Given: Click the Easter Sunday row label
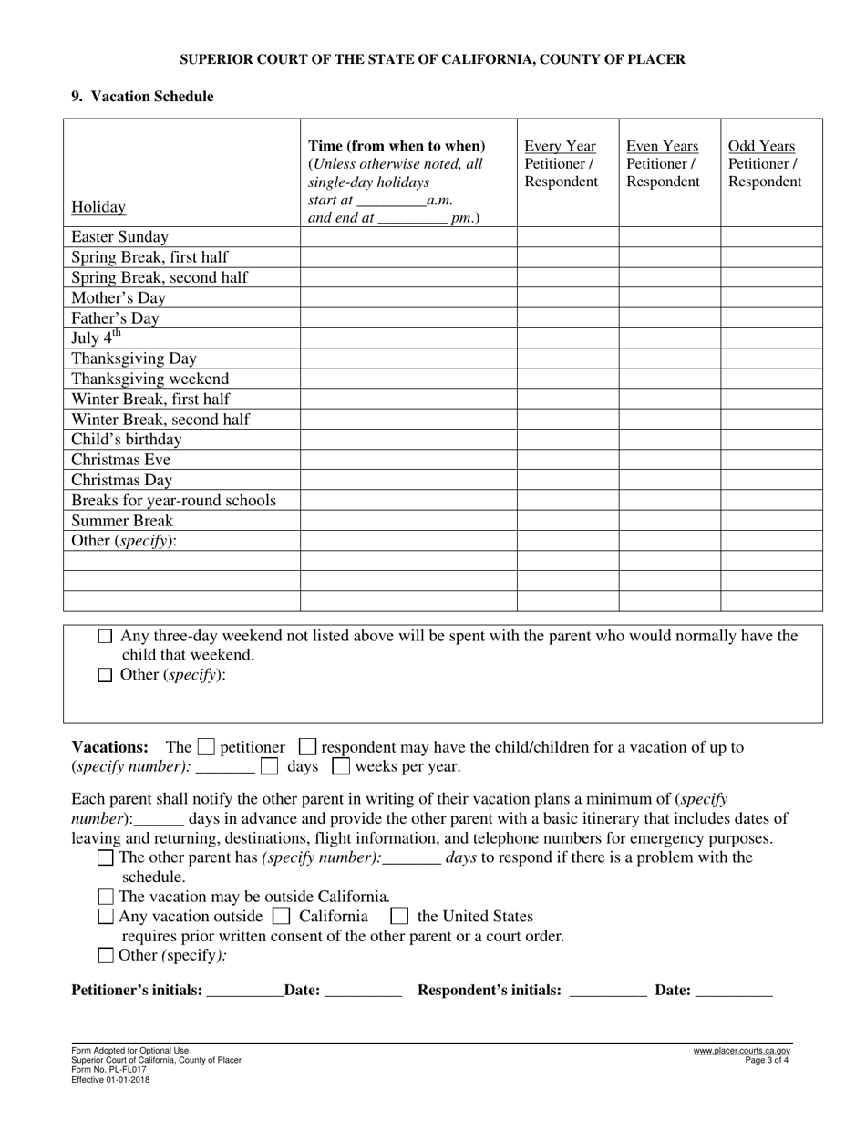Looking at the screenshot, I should [x=119, y=237].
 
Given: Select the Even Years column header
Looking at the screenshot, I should [x=662, y=146].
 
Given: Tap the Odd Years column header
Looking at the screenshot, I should [x=761, y=146].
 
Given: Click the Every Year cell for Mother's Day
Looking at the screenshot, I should [x=567, y=297].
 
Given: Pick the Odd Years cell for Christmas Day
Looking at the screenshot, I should [x=771, y=480].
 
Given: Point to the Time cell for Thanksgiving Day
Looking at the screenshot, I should [x=408, y=358].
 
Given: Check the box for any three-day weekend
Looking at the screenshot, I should [x=105, y=637].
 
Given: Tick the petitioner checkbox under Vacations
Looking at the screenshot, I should [x=206, y=747].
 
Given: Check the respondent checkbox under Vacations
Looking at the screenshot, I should [x=308, y=747].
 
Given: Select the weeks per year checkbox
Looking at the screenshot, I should [x=341, y=766].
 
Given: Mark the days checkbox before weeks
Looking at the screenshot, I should [x=269, y=766].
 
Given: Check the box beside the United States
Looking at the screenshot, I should [x=398, y=916].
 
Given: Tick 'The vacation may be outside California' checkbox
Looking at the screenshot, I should [x=105, y=897].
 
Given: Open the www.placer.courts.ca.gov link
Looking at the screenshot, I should [x=741, y=1051].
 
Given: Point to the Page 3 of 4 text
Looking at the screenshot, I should [x=767, y=1061].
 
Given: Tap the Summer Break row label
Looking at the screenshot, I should [x=122, y=521].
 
